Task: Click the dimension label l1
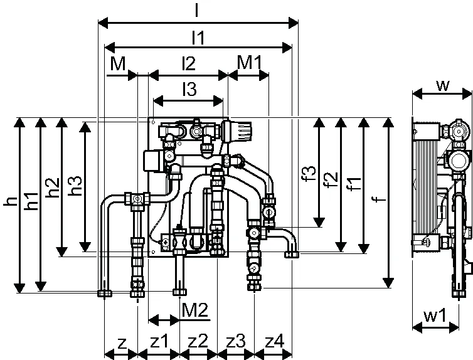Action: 198,38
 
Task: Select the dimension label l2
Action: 189,63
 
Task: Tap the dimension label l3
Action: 189,89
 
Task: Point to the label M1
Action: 250,63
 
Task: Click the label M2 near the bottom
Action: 195,310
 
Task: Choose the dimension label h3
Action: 75,186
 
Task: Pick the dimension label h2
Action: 53,188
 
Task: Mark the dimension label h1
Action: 31,201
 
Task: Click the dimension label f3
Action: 309,173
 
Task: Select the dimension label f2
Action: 331,179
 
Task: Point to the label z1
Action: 159,342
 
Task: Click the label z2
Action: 198,342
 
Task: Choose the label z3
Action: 236,342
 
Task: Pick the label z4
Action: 274,342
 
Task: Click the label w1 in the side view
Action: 435,315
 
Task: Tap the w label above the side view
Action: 443,85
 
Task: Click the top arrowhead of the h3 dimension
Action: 85,127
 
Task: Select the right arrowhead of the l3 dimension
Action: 218,101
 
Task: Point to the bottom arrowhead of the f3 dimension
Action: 319,222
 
